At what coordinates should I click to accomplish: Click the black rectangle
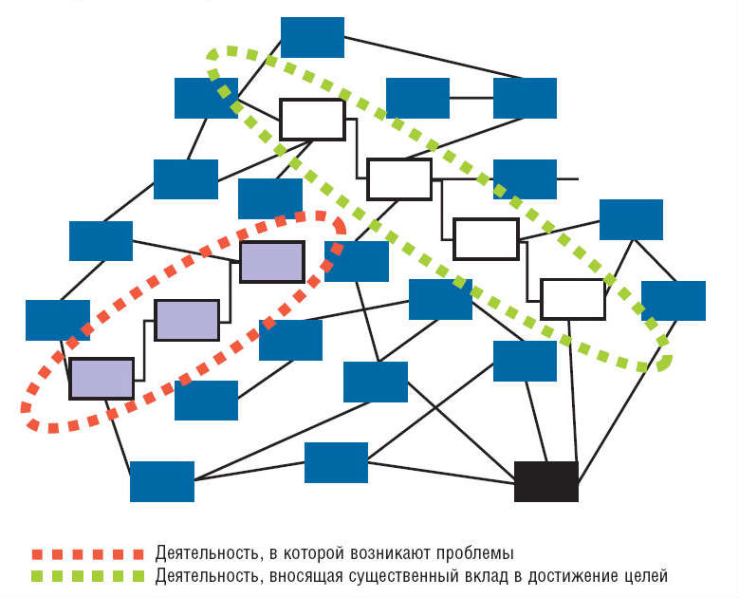[545, 481]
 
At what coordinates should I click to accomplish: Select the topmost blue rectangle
[312, 37]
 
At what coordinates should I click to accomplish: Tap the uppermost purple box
[271, 262]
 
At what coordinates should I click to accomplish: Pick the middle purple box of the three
[187, 320]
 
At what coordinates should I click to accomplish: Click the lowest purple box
[102, 378]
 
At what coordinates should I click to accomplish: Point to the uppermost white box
[312, 120]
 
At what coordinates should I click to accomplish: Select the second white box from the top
[399, 179]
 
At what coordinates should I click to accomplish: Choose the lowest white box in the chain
[573, 299]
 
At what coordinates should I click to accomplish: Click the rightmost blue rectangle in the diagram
[674, 301]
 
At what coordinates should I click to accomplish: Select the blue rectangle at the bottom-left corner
[162, 481]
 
